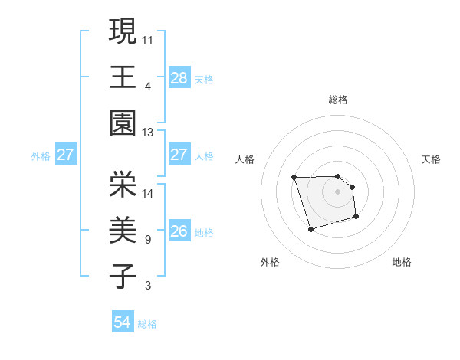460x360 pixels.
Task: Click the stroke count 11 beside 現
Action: point(149,38)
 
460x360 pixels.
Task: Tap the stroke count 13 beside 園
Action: point(149,133)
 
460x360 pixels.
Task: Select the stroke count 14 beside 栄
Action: point(149,193)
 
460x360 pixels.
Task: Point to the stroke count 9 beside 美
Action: point(147,240)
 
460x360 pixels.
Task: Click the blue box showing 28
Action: point(179,77)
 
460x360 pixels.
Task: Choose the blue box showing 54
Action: point(123,322)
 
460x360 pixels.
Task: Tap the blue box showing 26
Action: point(179,231)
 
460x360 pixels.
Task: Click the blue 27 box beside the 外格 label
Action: point(66,155)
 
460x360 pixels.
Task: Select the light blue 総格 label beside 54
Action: point(147,324)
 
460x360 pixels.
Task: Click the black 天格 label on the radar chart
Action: point(431,159)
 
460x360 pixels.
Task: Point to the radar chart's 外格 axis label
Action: point(270,262)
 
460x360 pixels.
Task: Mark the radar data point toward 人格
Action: point(294,178)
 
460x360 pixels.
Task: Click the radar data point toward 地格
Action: point(357,218)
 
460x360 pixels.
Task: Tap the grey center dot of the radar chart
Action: point(337,191)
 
